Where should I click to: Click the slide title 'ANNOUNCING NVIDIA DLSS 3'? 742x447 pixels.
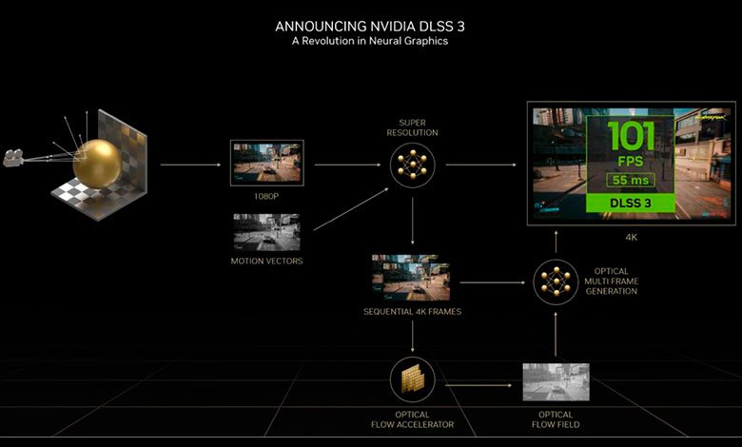pos(370,26)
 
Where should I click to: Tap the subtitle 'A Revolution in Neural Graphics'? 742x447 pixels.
pos(370,41)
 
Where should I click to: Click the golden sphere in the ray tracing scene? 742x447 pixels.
pos(97,165)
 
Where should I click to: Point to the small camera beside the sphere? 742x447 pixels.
pos(13,158)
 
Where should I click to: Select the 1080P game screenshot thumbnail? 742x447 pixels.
pos(267,163)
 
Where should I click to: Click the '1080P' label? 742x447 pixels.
pos(266,196)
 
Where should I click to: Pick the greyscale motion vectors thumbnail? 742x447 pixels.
pos(266,232)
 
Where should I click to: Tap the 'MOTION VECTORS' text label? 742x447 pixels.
pos(266,261)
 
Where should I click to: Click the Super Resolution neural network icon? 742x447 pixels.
pos(412,165)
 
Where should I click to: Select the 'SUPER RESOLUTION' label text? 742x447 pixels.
pos(412,127)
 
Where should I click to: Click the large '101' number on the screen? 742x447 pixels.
pos(631,137)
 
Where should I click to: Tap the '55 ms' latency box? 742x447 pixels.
pos(631,180)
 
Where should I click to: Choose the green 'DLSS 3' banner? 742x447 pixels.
pos(631,203)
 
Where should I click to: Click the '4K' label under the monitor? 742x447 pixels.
pos(632,238)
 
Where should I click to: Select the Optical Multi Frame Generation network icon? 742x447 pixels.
pos(556,282)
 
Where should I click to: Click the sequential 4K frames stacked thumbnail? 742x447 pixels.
pos(411,278)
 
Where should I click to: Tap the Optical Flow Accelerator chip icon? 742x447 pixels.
pos(412,379)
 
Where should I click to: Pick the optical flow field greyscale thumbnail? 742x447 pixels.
pos(556,382)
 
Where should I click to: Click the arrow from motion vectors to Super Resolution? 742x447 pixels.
pos(351,209)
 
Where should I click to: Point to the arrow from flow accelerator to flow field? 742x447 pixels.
pos(478,385)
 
